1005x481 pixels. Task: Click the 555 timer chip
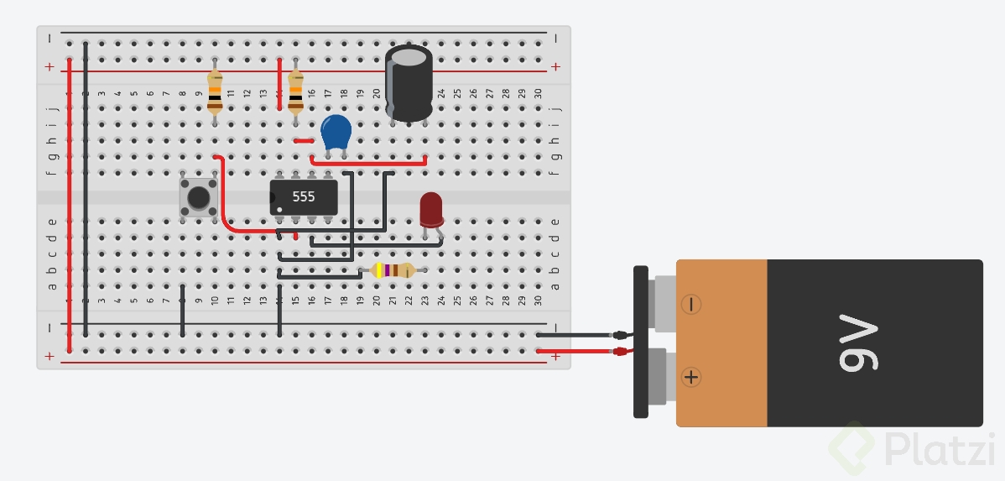pyautogui.click(x=304, y=196)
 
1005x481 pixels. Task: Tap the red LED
pyautogui.click(x=431, y=209)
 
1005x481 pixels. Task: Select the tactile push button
pyautogui.click(x=199, y=197)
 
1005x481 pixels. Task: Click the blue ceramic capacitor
pyautogui.click(x=336, y=132)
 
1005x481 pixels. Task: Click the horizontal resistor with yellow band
pyautogui.click(x=392, y=270)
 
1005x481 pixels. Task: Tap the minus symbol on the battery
pyautogui.click(x=691, y=304)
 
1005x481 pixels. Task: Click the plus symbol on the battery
pyautogui.click(x=691, y=377)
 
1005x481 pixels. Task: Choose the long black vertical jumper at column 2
pyautogui.click(x=86, y=185)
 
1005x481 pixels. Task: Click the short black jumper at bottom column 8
pyautogui.click(x=183, y=311)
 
